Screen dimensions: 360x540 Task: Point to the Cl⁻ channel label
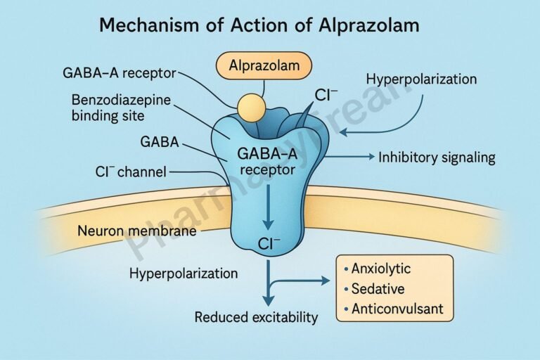(x=133, y=171)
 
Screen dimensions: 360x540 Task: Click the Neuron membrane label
(x=137, y=230)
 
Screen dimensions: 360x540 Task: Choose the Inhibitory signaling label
(x=437, y=157)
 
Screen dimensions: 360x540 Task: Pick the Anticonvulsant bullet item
(x=393, y=308)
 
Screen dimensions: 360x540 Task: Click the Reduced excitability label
(x=256, y=317)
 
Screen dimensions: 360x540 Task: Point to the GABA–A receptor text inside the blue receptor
(x=268, y=161)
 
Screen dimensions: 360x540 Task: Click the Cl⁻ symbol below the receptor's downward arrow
(x=269, y=245)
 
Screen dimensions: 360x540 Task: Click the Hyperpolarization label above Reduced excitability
(x=184, y=272)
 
